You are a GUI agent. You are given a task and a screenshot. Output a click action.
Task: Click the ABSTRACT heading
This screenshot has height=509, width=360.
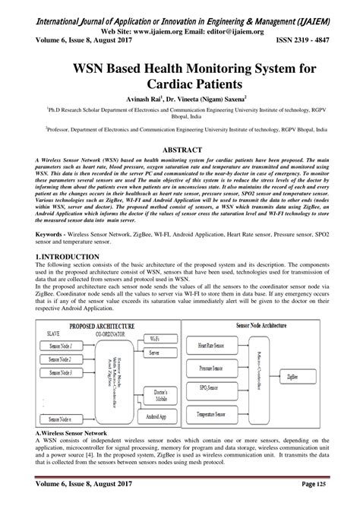(179, 150)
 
